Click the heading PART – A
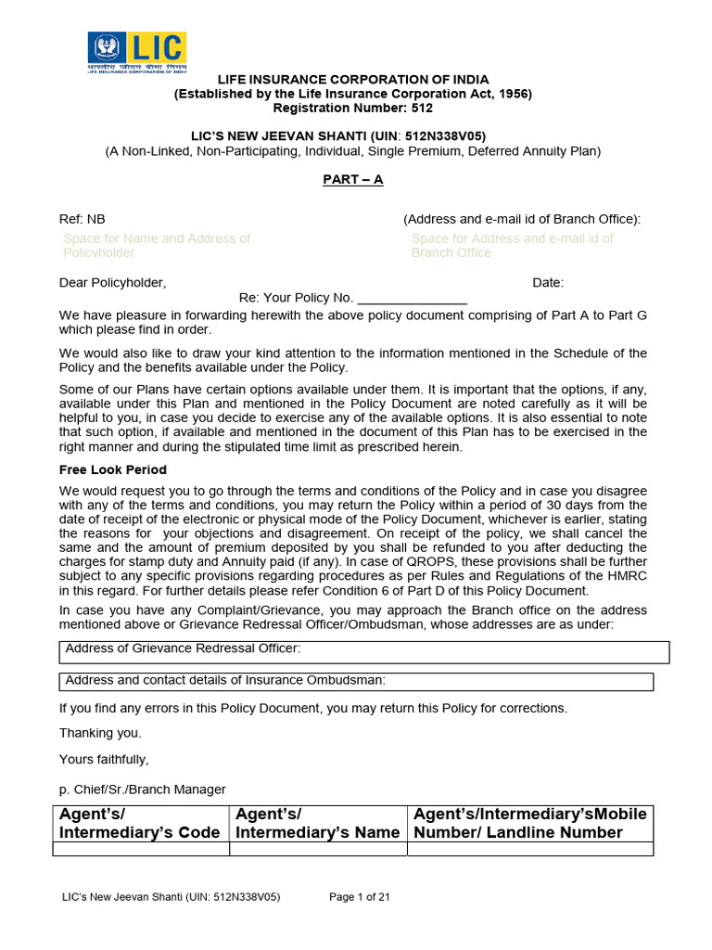pyautogui.click(x=353, y=179)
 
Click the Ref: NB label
pyautogui.click(x=83, y=219)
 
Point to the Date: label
pyautogui.click(x=547, y=283)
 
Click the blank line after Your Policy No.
pyautogui.click(x=412, y=298)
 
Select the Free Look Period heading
pyautogui.click(x=113, y=469)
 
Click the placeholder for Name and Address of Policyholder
pyautogui.click(x=156, y=245)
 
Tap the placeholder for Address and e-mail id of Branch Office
pyautogui.click(x=512, y=245)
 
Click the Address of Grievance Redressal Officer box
pyautogui.click(x=363, y=651)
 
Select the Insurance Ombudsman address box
pyautogui.click(x=356, y=681)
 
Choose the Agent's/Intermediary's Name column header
pyautogui.click(x=318, y=823)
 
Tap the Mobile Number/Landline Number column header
pyautogui.click(x=530, y=823)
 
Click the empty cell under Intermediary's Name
pyautogui.click(x=318, y=849)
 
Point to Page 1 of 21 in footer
pyautogui.click(x=360, y=897)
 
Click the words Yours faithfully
pyautogui.click(x=104, y=759)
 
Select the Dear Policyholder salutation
pyautogui.click(x=113, y=283)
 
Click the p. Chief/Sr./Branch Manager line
pyautogui.click(x=142, y=789)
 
